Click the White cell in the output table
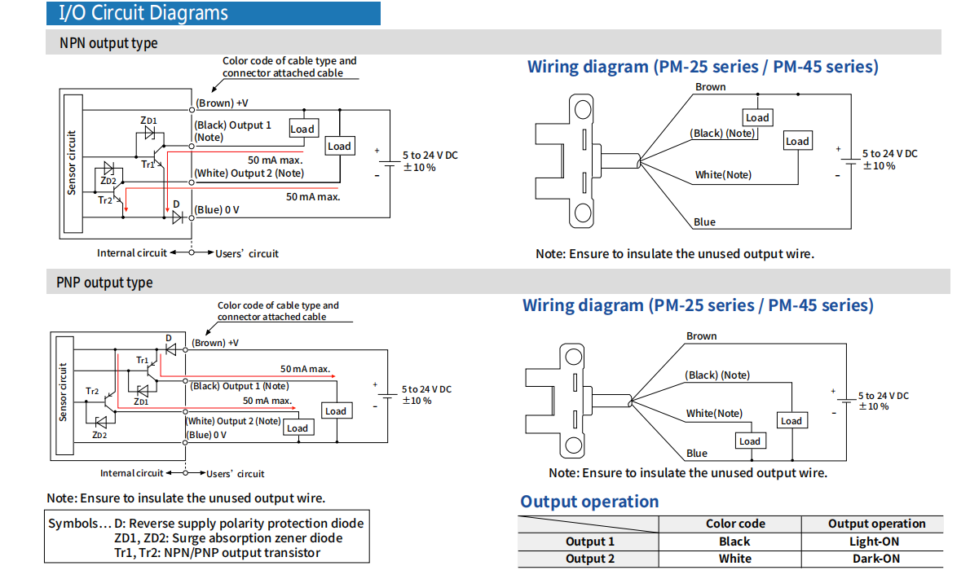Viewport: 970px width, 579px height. coord(734,559)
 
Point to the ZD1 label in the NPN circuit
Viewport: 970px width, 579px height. coord(148,120)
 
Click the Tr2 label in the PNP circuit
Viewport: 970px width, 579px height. coord(92,392)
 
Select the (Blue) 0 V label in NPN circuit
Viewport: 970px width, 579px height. coord(216,210)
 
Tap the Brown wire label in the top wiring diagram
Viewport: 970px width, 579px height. coord(710,87)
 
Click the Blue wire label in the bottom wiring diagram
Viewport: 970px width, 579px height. coord(697,453)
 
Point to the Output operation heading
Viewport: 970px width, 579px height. coord(589,502)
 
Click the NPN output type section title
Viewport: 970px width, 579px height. coord(108,43)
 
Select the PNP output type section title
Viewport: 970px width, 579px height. coord(104,283)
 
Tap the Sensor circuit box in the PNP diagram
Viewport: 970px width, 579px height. coord(63,393)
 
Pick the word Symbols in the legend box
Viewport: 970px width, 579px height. coord(74,524)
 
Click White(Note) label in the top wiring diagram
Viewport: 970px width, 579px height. coord(723,175)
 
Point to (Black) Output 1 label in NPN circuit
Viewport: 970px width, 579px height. coord(232,125)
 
